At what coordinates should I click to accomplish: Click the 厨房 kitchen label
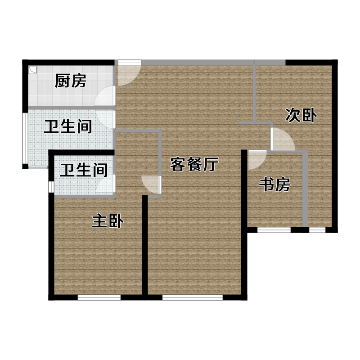click(71, 81)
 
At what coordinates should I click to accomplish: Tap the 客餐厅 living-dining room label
click(194, 164)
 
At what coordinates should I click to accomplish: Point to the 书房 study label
click(274, 184)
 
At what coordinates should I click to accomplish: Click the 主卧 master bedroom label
click(108, 221)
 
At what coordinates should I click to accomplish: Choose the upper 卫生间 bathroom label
click(68, 126)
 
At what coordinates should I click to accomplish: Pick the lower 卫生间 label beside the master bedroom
click(84, 170)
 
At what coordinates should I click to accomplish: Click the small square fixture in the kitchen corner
click(32, 70)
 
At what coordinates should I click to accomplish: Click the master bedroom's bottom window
click(99, 297)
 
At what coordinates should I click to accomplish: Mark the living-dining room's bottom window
click(193, 297)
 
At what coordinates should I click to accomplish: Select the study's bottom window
click(274, 230)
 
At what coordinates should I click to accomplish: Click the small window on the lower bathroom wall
click(51, 186)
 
